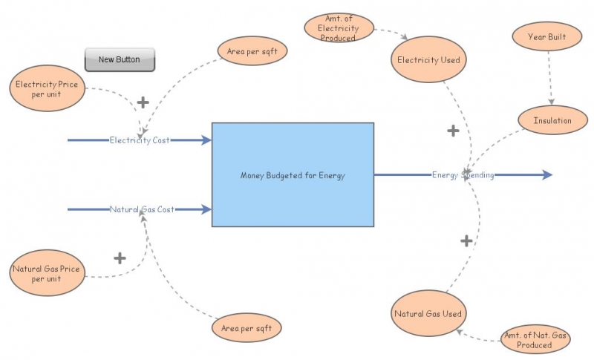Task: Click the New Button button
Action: [119, 59]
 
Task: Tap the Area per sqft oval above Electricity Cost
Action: [252, 51]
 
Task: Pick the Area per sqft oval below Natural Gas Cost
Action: [247, 327]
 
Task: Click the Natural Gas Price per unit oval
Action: [46, 273]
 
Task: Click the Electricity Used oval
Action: [428, 60]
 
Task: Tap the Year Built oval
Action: [549, 36]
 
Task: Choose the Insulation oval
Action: [552, 120]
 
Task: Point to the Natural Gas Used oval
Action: [428, 313]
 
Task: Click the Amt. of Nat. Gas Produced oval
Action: [535, 340]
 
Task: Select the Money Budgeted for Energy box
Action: [293, 175]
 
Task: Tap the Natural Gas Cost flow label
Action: [142, 209]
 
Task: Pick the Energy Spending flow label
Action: [463, 175]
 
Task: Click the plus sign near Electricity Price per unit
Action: [143, 102]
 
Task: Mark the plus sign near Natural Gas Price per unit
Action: [120, 258]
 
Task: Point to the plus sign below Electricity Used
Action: [453, 131]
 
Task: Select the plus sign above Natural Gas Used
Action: [466, 240]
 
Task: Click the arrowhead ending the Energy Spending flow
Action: [547, 175]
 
